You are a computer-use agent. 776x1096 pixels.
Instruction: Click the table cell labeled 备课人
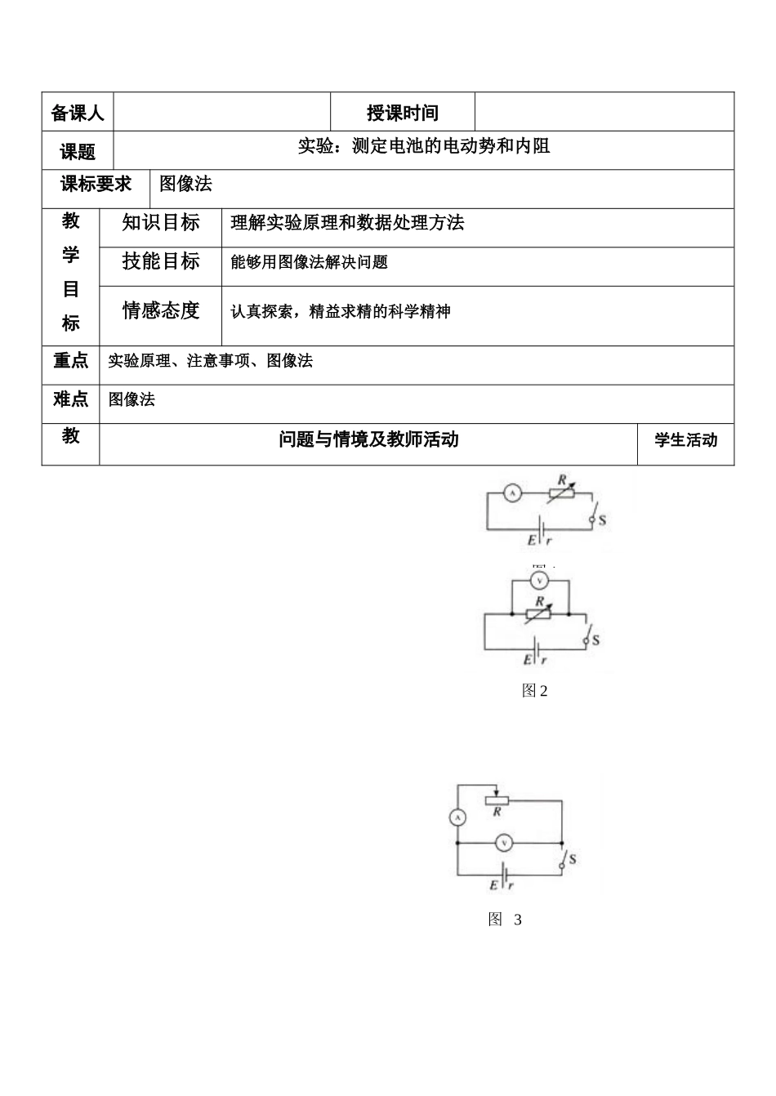click(x=78, y=113)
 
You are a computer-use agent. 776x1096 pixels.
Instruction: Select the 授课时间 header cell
click(x=402, y=113)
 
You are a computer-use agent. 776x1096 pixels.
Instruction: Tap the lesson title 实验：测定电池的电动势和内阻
click(x=423, y=146)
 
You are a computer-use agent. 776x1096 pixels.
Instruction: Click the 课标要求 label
click(x=96, y=185)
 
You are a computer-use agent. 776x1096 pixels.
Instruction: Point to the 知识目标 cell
click(x=160, y=222)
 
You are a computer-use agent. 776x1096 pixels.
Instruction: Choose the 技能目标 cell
click(x=160, y=261)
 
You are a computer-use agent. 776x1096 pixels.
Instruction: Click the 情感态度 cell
click(x=160, y=310)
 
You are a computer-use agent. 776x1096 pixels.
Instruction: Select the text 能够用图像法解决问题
click(x=309, y=262)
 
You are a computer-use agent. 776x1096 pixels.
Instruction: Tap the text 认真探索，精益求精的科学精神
click(x=340, y=311)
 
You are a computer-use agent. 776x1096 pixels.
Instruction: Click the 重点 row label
click(x=71, y=361)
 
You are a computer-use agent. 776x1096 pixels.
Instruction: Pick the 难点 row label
click(x=71, y=399)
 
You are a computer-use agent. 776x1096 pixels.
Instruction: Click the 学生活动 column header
click(x=685, y=440)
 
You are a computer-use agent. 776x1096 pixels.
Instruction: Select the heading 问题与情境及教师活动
click(x=368, y=440)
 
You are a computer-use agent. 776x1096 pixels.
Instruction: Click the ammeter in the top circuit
click(x=512, y=492)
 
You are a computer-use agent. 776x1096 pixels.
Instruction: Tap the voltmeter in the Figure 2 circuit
click(x=538, y=581)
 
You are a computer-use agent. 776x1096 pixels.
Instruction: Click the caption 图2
click(x=534, y=691)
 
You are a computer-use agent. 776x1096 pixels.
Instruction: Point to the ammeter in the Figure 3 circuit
click(x=457, y=817)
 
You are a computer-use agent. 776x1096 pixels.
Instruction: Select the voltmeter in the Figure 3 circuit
click(x=504, y=842)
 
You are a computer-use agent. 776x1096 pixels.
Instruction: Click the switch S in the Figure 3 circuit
click(x=564, y=859)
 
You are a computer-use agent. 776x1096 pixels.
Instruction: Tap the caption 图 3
click(x=505, y=920)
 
